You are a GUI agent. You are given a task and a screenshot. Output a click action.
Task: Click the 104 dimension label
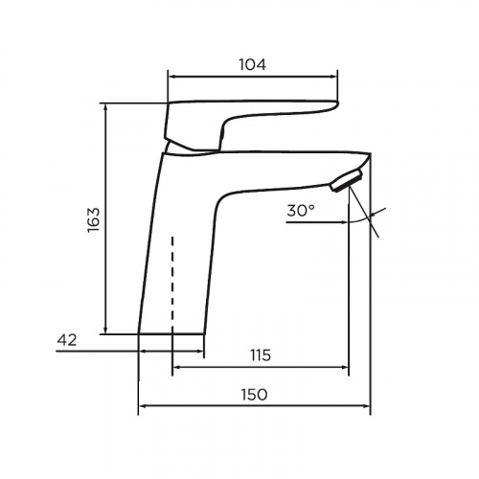(x=252, y=65)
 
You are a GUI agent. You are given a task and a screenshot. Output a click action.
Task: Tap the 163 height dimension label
(x=94, y=220)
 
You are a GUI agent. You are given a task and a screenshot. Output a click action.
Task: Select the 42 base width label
(x=67, y=340)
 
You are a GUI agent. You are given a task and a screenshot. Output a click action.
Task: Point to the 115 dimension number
(x=261, y=355)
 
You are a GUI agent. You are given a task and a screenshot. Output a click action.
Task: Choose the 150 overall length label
(x=254, y=395)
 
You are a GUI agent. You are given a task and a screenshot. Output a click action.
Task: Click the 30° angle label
(x=301, y=211)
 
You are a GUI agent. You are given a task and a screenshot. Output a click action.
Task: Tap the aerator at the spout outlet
(x=347, y=181)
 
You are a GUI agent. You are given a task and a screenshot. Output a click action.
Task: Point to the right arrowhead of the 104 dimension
(x=334, y=77)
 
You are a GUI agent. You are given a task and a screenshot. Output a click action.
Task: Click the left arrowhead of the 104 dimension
(x=171, y=77)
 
